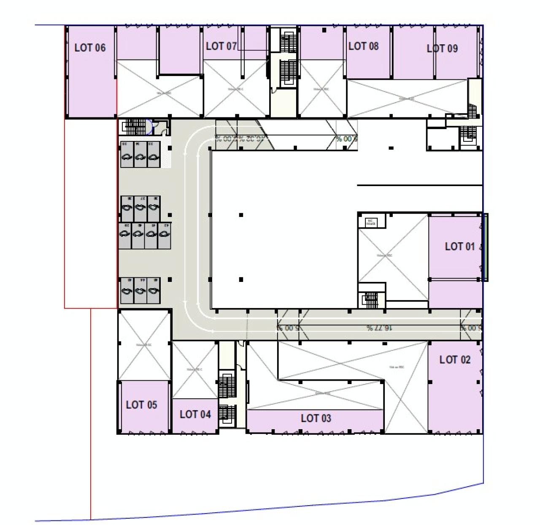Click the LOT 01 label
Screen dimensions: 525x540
coord(459,246)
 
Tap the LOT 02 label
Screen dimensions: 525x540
coord(454,360)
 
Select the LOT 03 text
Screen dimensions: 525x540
coord(316,418)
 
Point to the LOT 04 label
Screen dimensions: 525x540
coord(195,414)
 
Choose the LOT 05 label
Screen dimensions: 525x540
coord(141,405)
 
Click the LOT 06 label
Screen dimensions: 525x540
coord(90,48)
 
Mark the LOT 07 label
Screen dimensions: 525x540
coord(221,46)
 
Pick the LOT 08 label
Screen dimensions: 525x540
coord(363,46)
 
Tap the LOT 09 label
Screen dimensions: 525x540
coord(442,49)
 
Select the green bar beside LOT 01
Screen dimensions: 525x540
coord(486,247)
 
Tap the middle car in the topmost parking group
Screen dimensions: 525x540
coord(140,154)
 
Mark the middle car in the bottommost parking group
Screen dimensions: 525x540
coord(140,290)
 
